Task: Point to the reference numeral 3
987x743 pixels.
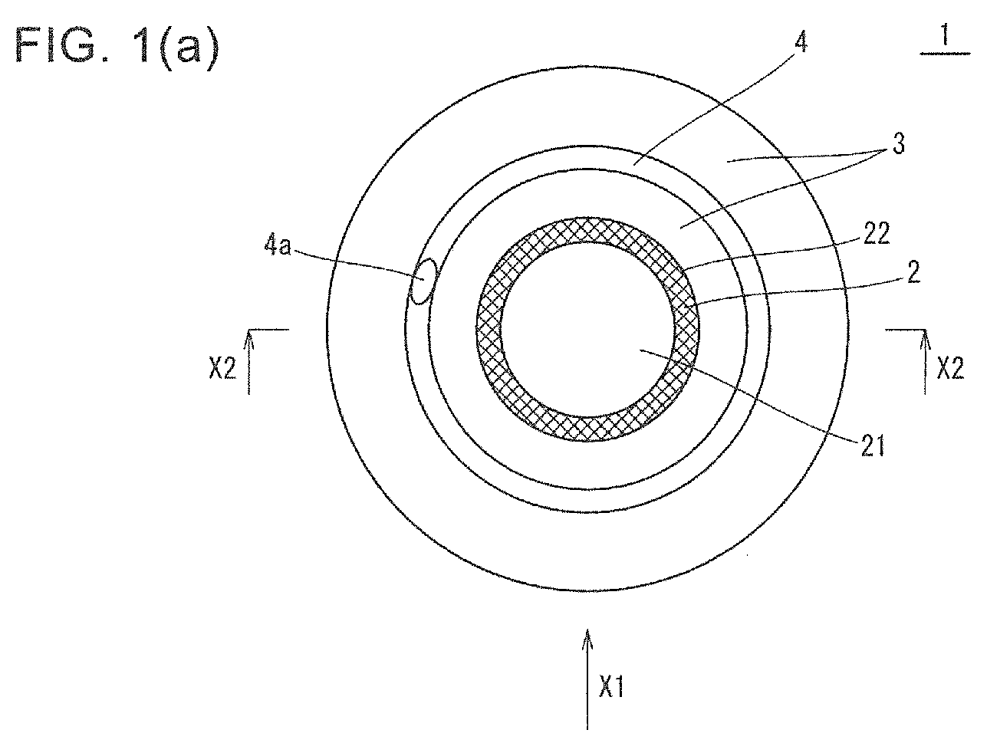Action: click(898, 145)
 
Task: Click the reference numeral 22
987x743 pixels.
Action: click(876, 233)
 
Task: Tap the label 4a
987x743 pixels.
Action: click(278, 246)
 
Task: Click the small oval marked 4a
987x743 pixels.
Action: click(423, 281)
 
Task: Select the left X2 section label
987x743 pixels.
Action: click(222, 369)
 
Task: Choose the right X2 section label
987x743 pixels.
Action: click(950, 368)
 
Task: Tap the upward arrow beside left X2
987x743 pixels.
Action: click(248, 362)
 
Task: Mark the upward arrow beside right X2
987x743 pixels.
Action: click(924, 362)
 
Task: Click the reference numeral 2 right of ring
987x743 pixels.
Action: click(913, 272)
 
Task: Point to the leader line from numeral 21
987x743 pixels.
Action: click(748, 396)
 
